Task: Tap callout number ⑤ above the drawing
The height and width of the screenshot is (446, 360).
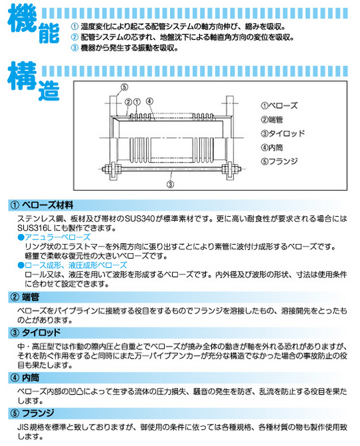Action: (124, 88)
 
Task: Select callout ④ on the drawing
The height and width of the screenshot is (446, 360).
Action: (149, 101)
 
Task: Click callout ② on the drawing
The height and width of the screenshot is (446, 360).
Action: (127, 101)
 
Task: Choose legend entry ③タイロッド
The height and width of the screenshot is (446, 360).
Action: (283, 133)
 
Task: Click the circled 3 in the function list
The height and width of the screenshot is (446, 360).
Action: (75, 48)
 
